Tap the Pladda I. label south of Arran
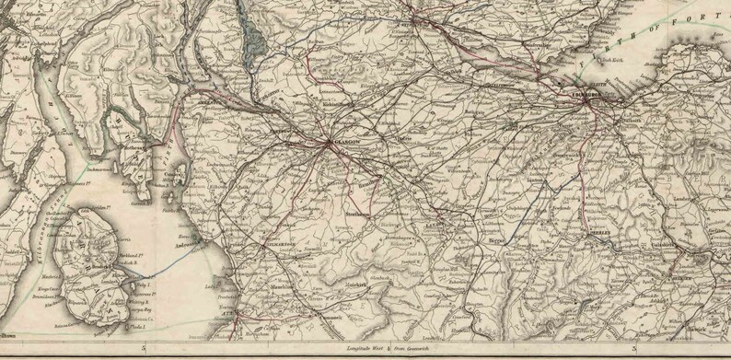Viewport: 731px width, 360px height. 138,325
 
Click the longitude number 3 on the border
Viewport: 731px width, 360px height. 634,349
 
